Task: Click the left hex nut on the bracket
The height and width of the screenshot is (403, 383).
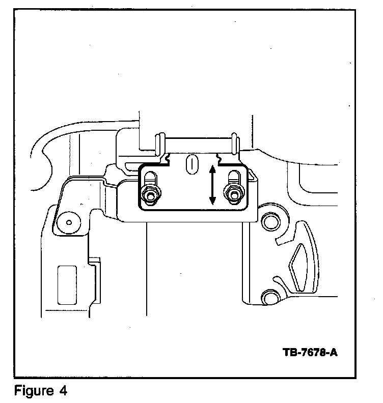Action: coord(150,194)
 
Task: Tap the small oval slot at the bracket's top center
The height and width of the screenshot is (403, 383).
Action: coord(191,164)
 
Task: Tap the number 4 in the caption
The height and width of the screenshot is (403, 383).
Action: coord(63,391)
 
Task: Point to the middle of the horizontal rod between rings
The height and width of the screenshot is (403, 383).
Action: coord(197,142)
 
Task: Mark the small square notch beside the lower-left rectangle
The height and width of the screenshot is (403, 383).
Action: coord(95,262)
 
